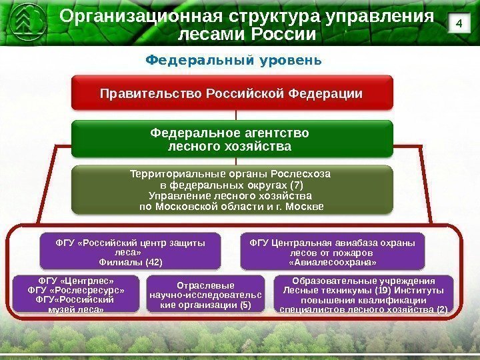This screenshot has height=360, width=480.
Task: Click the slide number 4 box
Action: pyautogui.click(x=457, y=23)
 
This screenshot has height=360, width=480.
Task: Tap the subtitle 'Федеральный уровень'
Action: pyautogui.click(x=233, y=61)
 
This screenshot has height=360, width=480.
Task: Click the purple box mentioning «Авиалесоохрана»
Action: pyautogui.click(x=332, y=251)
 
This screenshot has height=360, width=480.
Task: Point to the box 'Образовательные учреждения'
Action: pyautogui.click(x=363, y=295)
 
